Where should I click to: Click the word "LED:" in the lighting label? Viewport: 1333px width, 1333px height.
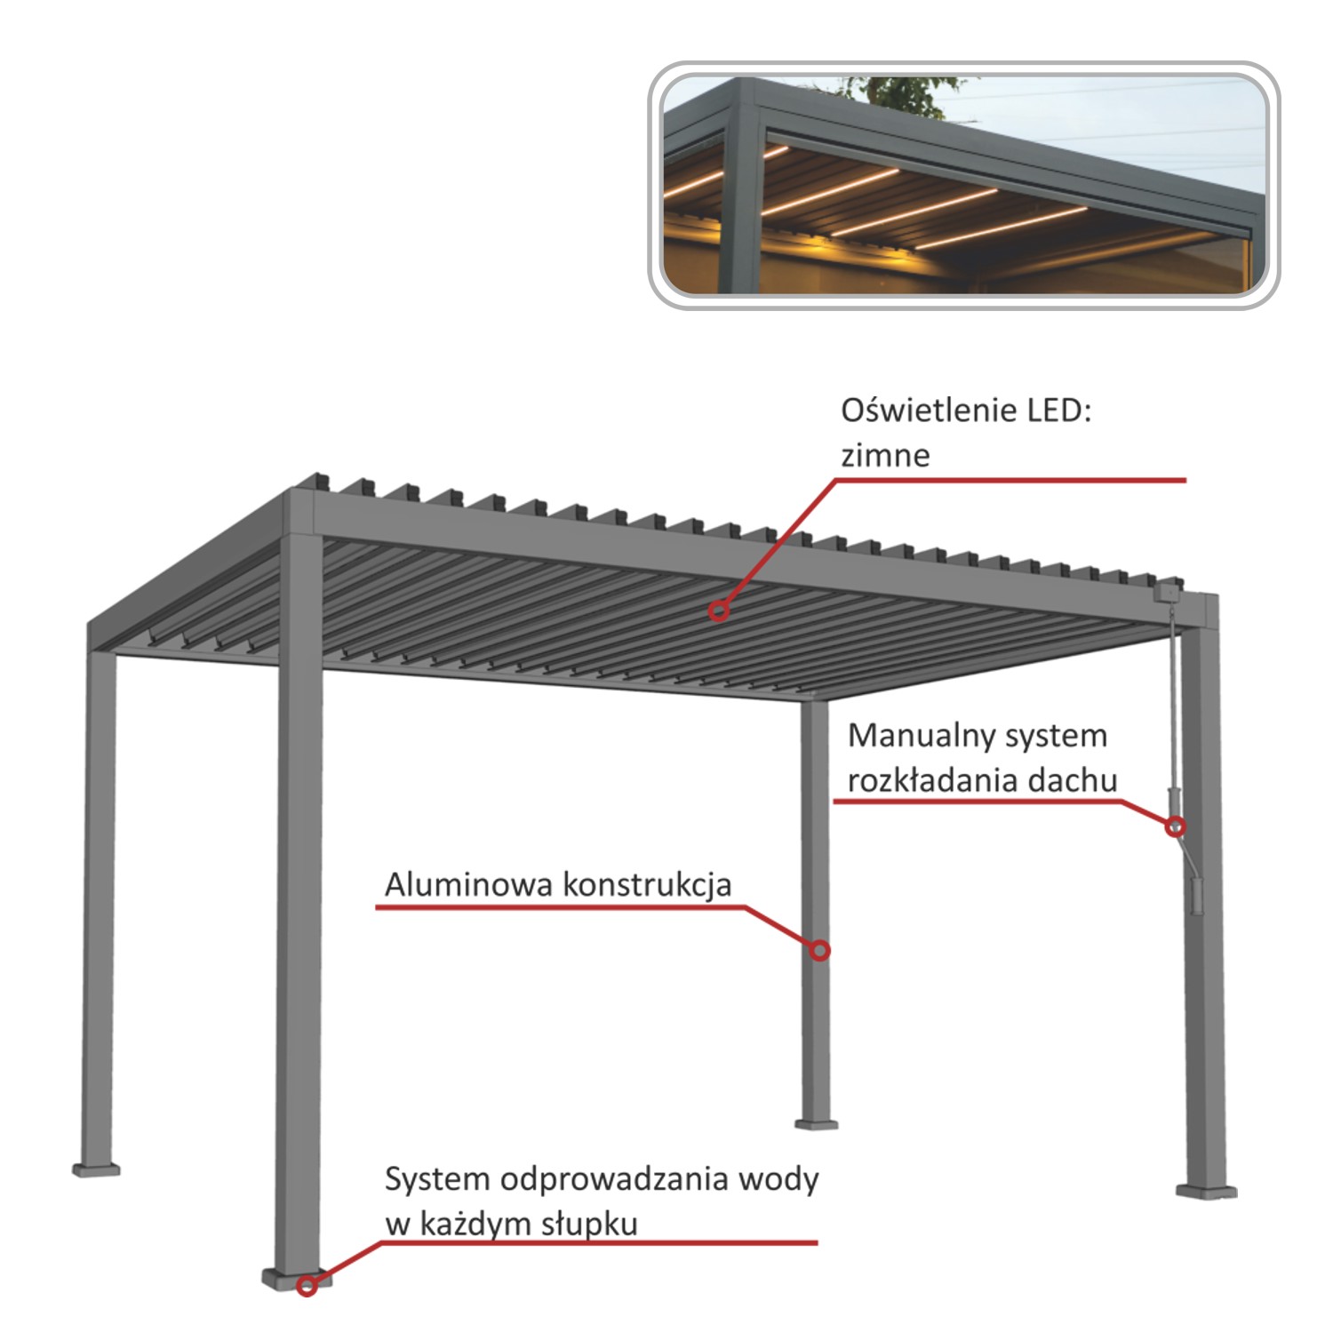click(x=1058, y=411)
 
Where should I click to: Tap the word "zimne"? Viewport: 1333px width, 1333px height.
click(x=885, y=456)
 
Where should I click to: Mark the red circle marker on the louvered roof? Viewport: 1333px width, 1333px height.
click(x=718, y=611)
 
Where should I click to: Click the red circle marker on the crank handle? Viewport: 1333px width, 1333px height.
click(x=1175, y=826)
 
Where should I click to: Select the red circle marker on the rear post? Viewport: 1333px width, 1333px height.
click(x=819, y=951)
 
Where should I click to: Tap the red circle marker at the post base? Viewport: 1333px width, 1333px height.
click(x=307, y=1285)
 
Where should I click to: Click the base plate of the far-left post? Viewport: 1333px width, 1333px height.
click(x=96, y=1169)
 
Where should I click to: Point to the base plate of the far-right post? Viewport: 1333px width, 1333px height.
click(x=1206, y=1191)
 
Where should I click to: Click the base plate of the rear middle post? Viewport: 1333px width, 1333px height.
click(x=816, y=1124)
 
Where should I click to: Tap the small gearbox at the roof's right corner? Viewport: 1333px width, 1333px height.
click(x=1169, y=589)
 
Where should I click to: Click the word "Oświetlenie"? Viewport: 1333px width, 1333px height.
click(x=929, y=411)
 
